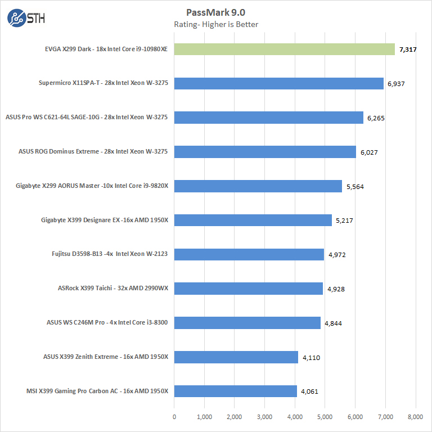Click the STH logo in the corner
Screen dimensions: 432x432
[x=26, y=17]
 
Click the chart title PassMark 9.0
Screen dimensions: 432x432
[x=216, y=12]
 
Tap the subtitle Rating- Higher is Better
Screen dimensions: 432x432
[x=216, y=24]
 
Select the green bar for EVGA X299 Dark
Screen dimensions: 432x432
[x=285, y=49]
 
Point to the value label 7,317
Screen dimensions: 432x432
[x=408, y=49]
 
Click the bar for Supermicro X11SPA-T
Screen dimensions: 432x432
[x=279, y=84]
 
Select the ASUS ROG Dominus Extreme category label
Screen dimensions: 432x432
[x=93, y=152]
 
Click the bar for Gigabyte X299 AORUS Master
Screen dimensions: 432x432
[x=258, y=186]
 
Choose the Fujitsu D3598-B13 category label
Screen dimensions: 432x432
[x=110, y=254]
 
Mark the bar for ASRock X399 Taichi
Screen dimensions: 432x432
[x=249, y=289]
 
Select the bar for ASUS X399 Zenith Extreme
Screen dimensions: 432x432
[x=236, y=357]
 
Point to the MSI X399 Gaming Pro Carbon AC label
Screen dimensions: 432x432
[x=97, y=391]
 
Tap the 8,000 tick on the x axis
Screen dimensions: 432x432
[x=416, y=417]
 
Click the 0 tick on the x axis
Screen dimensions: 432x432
[x=174, y=417]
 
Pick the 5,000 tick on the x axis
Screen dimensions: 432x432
[x=325, y=417]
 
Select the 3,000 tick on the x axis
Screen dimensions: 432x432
[x=265, y=417]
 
